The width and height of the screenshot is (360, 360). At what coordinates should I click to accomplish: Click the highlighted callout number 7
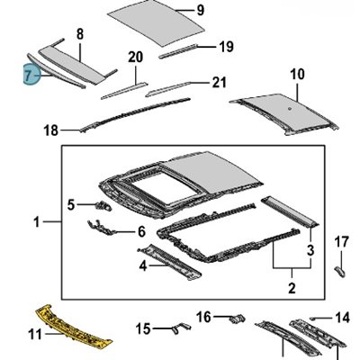coord(28,75)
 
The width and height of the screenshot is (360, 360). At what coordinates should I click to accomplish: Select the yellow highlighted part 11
coord(74,328)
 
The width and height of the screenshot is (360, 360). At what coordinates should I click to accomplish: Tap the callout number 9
coord(201,10)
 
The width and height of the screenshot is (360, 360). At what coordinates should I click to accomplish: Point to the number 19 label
coord(226,47)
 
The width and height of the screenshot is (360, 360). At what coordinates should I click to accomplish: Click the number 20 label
coord(136,57)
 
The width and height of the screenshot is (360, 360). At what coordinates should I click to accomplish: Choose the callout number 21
coord(219,83)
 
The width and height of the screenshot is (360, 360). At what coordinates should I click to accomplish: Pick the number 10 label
coord(297,74)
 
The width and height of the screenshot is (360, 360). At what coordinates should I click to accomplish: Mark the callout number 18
coord(50,130)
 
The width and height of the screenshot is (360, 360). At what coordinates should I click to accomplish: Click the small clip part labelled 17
coord(339,272)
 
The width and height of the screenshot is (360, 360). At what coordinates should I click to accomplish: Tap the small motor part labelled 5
coord(103,205)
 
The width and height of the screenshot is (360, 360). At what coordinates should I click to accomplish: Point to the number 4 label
coord(143,265)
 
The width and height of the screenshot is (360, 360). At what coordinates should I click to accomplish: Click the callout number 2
coord(292,288)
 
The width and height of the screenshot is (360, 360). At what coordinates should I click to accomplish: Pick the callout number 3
coord(310,250)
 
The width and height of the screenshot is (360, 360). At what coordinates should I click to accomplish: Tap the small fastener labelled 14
coord(312,319)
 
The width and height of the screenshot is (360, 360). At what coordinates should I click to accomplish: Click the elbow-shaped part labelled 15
coord(181,327)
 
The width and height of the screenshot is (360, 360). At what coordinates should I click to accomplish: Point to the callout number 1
coord(37,222)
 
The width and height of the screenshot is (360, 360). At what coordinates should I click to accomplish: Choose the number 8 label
coord(80,34)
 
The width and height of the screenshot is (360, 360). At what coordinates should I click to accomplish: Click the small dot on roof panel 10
coord(290,109)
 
